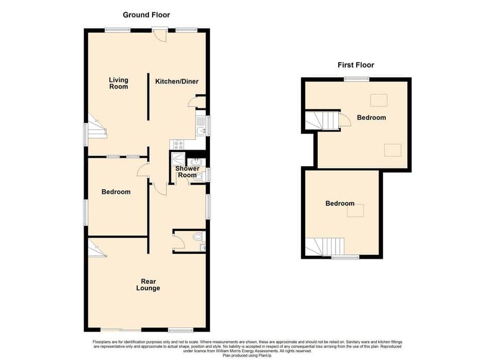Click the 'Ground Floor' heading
[146, 15]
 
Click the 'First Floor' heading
[356, 65]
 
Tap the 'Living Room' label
[118, 83]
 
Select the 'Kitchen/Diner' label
[177, 81]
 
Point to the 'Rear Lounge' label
[148, 285]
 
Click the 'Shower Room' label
[187, 172]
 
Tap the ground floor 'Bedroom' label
[115, 192]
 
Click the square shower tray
[178, 158]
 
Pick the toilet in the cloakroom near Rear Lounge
[197, 237]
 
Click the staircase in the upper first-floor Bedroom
[320, 121]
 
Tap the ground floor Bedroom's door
[143, 169]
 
